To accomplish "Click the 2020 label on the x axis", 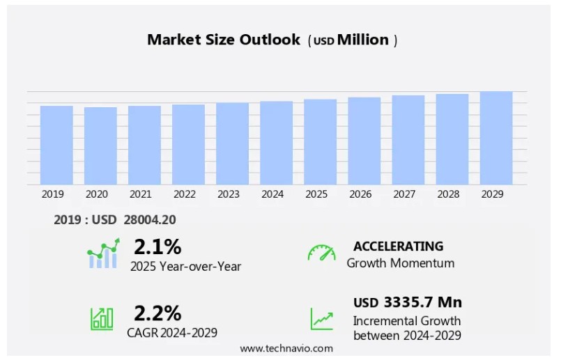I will click(x=96, y=194).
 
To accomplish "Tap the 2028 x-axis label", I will click(x=448, y=194).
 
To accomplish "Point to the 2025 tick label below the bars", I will click(x=316, y=194).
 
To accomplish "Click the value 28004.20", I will click(x=150, y=220).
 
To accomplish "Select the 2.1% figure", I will click(x=157, y=247).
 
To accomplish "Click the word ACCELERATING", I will click(x=398, y=246).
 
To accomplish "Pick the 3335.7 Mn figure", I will click(x=422, y=302).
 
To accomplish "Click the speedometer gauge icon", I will click(x=321, y=253).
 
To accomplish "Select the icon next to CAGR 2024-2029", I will click(x=102, y=318).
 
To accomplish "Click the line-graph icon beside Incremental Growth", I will click(x=321, y=318).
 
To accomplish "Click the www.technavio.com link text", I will click(x=286, y=348).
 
